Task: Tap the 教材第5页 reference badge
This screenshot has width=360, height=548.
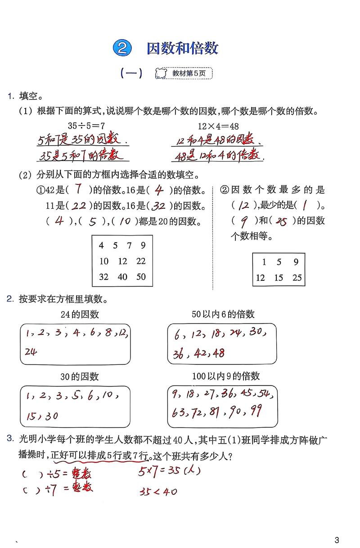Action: [184, 73]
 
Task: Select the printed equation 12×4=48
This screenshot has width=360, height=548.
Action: [218, 126]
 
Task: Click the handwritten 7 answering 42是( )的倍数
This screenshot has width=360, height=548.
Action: [78, 190]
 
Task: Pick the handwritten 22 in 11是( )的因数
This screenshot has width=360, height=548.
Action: [79, 206]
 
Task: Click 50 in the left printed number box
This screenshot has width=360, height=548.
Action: [141, 277]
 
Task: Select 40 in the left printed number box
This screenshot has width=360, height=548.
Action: [122, 277]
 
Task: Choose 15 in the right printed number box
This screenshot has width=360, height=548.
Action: [279, 278]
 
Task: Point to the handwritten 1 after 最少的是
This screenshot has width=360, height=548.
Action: [306, 206]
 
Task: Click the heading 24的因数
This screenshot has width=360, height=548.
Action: [80, 314]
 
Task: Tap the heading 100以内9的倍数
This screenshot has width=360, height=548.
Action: [225, 376]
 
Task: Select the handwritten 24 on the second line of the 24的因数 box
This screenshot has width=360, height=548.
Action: [31, 351]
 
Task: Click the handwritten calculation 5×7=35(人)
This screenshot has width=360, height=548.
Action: [168, 471]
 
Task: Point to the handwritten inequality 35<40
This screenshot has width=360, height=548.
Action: [157, 491]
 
